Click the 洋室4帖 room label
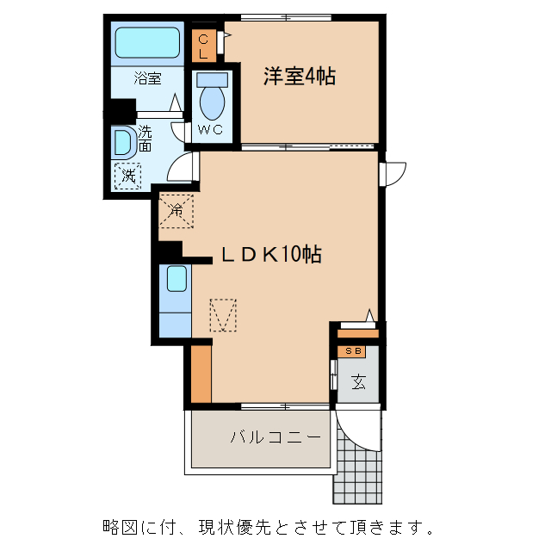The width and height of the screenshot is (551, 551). (x=299, y=77)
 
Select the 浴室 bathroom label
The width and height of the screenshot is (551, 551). (x=147, y=78)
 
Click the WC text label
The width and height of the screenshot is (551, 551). (x=211, y=130)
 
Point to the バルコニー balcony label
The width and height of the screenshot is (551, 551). (x=275, y=437)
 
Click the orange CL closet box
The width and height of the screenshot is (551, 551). (x=203, y=46)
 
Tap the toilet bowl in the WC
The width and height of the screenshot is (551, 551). (x=211, y=100)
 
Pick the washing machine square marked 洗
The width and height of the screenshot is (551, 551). (x=127, y=176)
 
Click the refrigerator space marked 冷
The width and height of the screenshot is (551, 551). (x=176, y=209)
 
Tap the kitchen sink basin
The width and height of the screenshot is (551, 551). (x=176, y=279)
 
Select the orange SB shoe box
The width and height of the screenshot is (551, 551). (x=353, y=350)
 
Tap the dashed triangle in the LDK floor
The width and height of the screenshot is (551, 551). (x=223, y=315)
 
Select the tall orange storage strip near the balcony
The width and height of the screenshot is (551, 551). (x=201, y=373)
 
